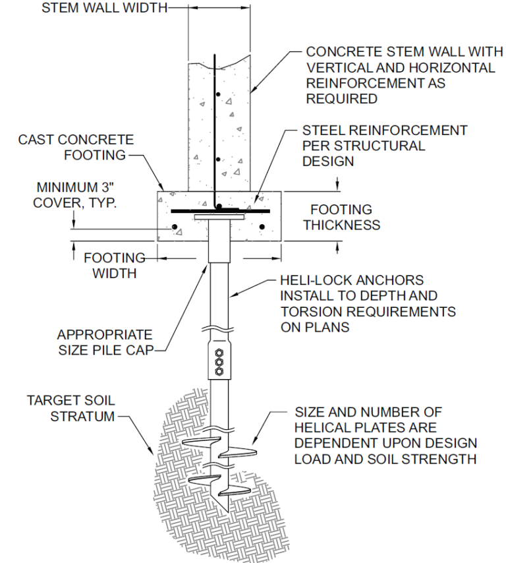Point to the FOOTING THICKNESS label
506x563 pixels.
tap(341, 218)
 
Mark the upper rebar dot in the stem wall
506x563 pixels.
tap(217, 96)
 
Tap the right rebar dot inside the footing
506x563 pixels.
tap(262, 227)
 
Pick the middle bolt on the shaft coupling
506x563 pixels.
tap(219, 362)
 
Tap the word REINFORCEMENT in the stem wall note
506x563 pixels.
tap(376, 84)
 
